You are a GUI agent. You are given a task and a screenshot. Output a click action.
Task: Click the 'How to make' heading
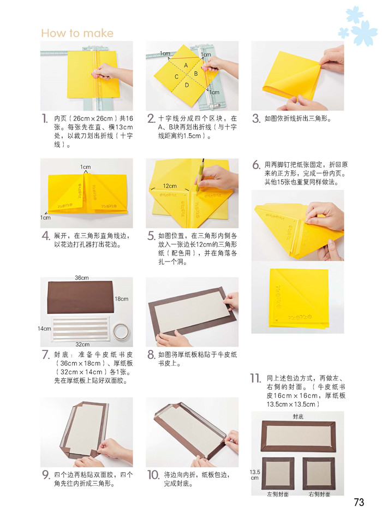[77, 33]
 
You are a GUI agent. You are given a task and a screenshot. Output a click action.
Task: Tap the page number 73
[359, 502]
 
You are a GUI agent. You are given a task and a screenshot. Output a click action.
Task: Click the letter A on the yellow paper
[186, 65]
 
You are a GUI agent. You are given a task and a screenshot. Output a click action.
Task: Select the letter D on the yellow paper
[187, 85]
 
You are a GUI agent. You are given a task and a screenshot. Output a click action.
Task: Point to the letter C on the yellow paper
[176, 77]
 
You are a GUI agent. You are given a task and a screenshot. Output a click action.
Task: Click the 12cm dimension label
[170, 186]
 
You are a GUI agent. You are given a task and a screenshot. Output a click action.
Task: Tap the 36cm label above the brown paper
[81, 278]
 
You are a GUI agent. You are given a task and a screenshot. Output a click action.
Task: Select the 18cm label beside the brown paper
[121, 299]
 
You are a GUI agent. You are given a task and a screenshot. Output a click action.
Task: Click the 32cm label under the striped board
[82, 344]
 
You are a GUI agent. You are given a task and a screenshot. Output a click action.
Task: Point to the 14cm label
[44, 329]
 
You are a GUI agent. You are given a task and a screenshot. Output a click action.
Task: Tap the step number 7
[45, 355]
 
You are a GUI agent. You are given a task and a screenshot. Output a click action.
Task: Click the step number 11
[256, 378]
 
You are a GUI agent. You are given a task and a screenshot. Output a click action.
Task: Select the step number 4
[46, 236]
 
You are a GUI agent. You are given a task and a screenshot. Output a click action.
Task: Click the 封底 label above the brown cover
[298, 416]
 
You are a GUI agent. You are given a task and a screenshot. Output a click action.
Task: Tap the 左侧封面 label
[278, 494]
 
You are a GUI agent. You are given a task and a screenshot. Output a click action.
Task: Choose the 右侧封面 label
[319, 494]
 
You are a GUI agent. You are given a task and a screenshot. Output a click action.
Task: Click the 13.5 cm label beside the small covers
[255, 475]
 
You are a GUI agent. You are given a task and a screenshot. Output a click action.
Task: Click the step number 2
[151, 118]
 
